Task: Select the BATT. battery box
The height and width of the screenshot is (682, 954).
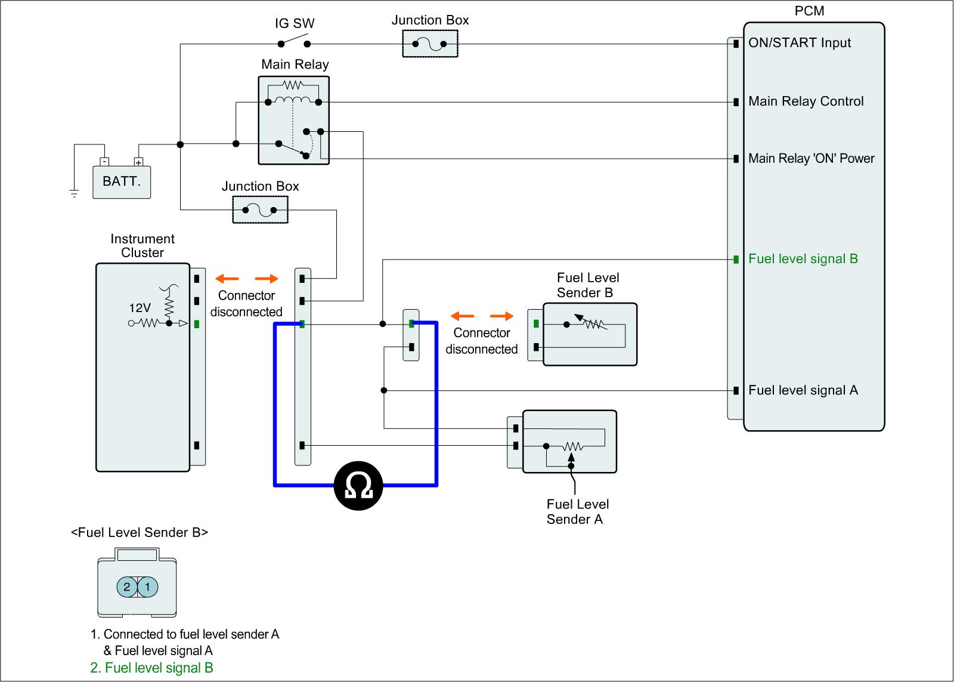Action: [122, 181]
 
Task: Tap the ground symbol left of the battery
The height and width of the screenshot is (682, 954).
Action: [74, 193]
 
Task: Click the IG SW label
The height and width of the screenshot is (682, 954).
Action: [295, 24]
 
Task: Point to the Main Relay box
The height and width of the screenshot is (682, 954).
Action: [294, 120]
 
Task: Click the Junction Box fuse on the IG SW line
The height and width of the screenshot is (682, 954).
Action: [430, 44]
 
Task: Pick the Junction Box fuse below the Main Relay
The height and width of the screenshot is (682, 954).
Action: [260, 210]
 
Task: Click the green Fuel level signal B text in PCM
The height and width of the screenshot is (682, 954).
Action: [803, 259]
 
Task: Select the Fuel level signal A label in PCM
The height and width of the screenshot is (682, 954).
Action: [803, 390]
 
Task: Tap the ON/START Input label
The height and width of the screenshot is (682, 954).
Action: [799, 43]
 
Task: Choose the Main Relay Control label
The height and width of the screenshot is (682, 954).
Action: [806, 101]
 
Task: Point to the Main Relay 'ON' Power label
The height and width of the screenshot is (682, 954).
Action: [811, 159]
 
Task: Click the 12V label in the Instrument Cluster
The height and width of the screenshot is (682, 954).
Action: [140, 308]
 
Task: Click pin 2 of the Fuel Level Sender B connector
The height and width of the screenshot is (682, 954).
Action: [126, 587]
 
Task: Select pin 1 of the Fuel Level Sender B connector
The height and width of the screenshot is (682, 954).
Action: [148, 587]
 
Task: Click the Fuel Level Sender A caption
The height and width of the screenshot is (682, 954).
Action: [577, 512]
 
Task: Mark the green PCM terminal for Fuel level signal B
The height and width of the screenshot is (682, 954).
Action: [736, 259]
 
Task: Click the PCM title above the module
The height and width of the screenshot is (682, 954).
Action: [809, 11]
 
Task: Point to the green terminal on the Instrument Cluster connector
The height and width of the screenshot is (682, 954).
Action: [197, 324]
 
